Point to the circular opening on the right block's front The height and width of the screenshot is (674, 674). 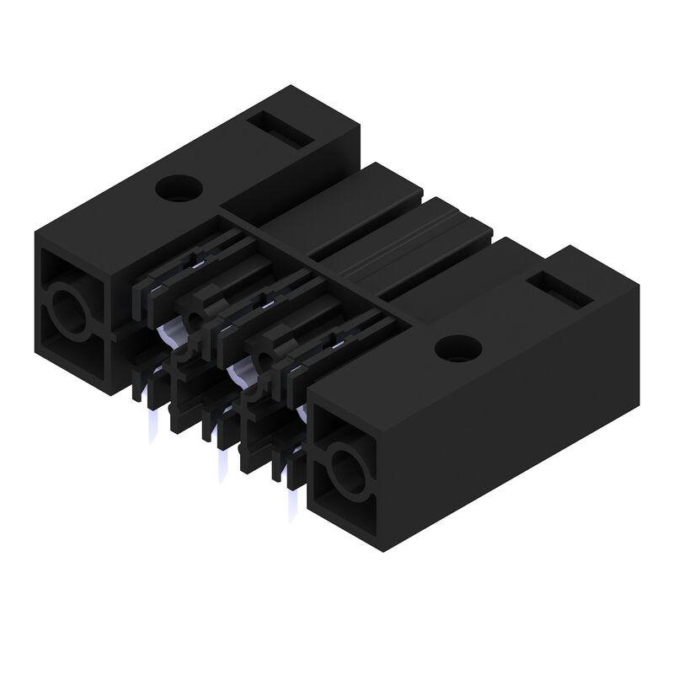click(x=346, y=468)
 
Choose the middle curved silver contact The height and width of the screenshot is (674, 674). click(x=239, y=368)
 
